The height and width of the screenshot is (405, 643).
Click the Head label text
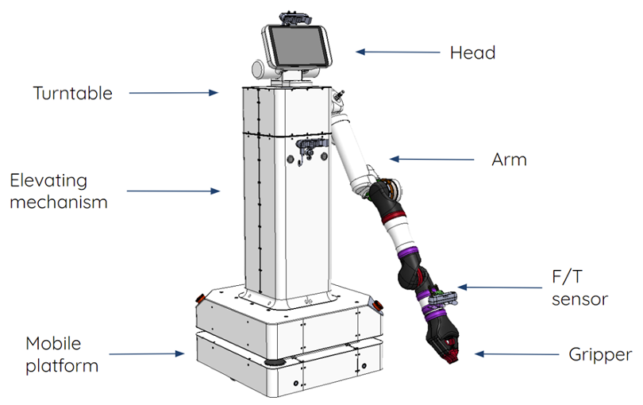click(x=472, y=53)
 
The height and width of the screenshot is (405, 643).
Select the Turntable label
click(x=72, y=94)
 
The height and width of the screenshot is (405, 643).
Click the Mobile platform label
click(x=52, y=354)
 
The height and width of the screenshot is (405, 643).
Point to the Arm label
click(x=509, y=160)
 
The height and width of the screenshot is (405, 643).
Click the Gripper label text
click(x=600, y=353)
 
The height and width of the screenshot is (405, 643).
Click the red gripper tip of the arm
click(x=451, y=349)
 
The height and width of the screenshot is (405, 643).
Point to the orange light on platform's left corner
click(x=200, y=299)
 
